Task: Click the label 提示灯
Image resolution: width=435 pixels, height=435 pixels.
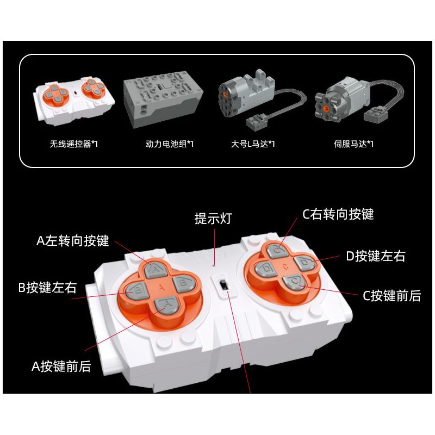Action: (x=213, y=219)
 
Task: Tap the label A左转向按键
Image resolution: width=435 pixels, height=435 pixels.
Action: (x=73, y=240)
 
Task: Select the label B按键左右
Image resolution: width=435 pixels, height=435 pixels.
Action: (x=47, y=288)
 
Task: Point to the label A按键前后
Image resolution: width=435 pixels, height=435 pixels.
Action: (x=61, y=366)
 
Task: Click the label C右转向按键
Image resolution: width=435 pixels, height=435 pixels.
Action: (x=338, y=214)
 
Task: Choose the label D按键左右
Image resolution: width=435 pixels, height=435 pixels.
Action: (x=376, y=256)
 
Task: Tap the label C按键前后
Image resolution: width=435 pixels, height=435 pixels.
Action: (x=391, y=295)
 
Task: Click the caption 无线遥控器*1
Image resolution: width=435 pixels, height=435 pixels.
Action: (x=73, y=144)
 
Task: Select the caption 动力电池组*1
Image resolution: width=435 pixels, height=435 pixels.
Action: (x=169, y=144)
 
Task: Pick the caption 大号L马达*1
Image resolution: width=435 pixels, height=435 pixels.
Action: (x=253, y=144)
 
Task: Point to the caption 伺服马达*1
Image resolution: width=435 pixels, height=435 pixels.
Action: (x=353, y=144)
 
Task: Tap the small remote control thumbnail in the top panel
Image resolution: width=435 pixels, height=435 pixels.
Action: (x=74, y=101)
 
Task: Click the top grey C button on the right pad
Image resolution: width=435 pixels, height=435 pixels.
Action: (x=277, y=251)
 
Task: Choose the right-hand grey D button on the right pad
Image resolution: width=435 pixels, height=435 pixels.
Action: (x=304, y=263)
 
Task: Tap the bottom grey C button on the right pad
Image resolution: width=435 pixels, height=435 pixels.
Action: (x=294, y=282)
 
